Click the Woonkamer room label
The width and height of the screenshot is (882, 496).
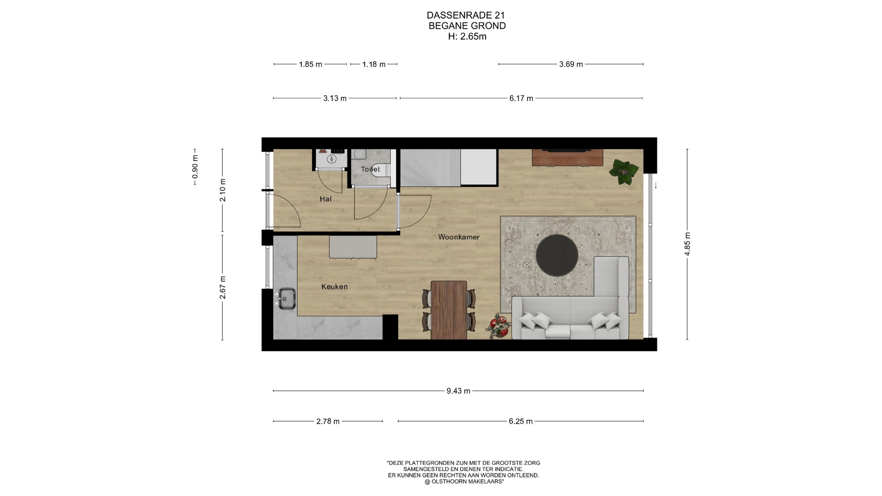[x=458, y=237]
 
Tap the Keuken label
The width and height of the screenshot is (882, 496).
[x=334, y=287]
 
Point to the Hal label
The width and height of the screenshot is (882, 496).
[x=326, y=199]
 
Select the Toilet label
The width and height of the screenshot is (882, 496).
[x=370, y=169]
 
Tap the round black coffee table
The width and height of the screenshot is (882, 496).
[x=557, y=255]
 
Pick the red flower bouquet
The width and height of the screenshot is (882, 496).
[x=499, y=326]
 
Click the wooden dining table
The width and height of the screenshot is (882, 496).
[x=449, y=310]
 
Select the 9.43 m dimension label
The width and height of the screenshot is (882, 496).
[x=458, y=391]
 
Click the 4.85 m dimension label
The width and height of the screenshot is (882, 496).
[x=687, y=244]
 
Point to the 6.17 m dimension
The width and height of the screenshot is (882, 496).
[x=521, y=98]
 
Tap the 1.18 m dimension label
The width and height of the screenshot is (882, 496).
[x=373, y=64]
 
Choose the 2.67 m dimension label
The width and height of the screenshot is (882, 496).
[x=223, y=287]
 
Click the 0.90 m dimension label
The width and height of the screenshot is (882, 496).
[x=195, y=167]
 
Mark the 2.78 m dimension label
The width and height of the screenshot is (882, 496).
[x=328, y=422]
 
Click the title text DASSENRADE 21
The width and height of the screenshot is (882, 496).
[x=466, y=15]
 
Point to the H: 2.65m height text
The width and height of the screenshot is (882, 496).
[x=467, y=37]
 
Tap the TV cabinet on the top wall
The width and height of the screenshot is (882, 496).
[x=567, y=158]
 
